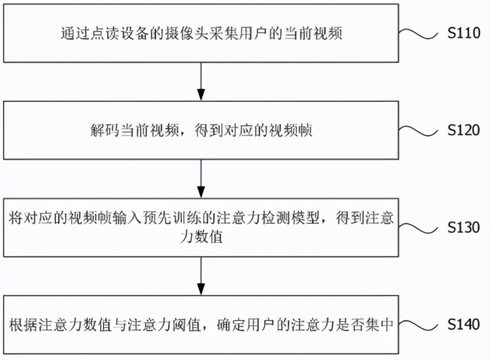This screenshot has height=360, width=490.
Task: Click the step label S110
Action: click(464, 33)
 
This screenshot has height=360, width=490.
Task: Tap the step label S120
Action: click(464, 130)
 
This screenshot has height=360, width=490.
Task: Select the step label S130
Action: click(464, 227)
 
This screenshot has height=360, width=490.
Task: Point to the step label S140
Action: click(464, 325)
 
